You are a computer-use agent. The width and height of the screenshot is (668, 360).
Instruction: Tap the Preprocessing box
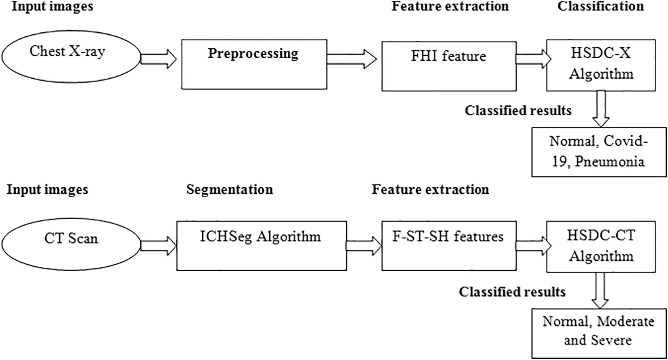254,64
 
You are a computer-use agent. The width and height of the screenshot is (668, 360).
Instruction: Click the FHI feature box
448,66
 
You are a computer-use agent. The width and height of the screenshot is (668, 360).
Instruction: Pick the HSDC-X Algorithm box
601,65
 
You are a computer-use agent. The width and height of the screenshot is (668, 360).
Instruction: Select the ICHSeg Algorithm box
261,245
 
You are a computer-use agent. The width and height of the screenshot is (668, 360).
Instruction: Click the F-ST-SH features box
448,245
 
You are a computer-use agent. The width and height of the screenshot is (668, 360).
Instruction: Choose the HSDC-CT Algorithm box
601,246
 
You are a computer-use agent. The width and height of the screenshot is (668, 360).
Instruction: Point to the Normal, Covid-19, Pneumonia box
599,152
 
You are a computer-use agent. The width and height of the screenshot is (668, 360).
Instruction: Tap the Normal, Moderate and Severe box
599,333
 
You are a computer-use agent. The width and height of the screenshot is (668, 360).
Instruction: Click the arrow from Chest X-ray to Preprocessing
159,59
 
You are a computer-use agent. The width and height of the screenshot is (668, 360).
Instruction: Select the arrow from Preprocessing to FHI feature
352,59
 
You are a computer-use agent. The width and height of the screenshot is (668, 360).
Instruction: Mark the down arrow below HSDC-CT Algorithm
600,290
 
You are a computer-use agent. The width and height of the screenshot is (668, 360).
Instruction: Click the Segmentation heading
229,190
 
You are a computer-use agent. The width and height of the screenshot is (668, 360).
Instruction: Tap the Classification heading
600,6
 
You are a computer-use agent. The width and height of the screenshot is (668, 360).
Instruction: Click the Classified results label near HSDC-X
518,111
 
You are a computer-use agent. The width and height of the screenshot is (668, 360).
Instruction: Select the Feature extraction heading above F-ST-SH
430,190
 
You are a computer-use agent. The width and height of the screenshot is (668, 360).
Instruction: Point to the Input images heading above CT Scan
47,190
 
